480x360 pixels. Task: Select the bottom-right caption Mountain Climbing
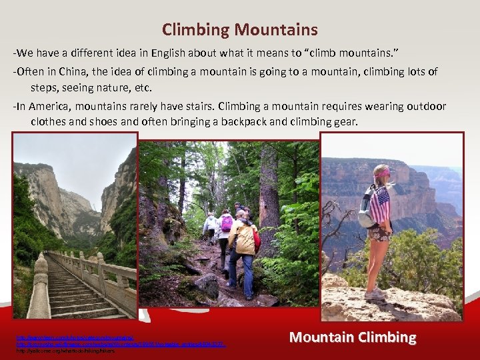point(353,337)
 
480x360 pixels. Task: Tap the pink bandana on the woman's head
point(382,173)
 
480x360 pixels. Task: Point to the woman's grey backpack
point(366,208)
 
